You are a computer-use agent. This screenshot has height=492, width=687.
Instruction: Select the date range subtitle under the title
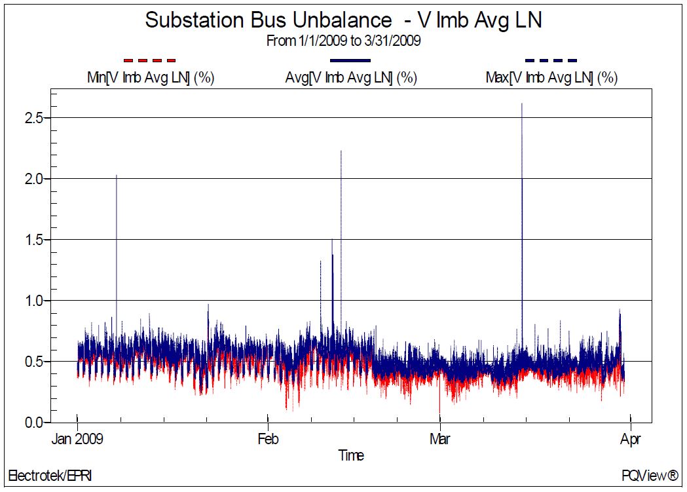pyautogui.click(x=343, y=41)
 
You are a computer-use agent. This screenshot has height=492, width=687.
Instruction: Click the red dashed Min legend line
pyautogui.click(x=150, y=60)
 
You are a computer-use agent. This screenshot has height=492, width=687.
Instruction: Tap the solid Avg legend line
pyautogui.click(x=346, y=60)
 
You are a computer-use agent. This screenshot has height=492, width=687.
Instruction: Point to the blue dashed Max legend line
pyautogui.click(x=551, y=60)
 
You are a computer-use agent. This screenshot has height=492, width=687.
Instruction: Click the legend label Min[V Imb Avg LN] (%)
pyautogui.click(x=151, y=77)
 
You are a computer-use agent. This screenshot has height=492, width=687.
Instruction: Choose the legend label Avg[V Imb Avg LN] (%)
pyautogui.click(x=352, y=77)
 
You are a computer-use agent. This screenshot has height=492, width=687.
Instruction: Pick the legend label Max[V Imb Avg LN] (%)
pyautogui.click(x=551, y=77)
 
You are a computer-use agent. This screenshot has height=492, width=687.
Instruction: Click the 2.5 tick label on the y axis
pyautogui.click(x=33, y=118)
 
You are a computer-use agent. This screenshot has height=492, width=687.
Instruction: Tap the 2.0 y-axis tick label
pyautogui.click(x=33, y=179)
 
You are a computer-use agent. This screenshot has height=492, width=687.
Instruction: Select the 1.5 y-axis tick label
pyautogui.click(x=33, y=240)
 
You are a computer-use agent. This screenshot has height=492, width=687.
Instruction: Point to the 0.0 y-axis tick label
pyautogui.click(x=33, y=423)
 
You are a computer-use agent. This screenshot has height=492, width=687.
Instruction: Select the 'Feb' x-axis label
pyautogui.click(x=267, y=438)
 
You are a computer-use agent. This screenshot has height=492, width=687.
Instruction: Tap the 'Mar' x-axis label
pyautogui.click(x=439, y=438)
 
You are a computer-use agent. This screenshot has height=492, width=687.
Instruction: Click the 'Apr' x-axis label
pyautogui.click(x=630, y=438)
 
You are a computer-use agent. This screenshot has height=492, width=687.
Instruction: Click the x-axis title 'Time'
pyautogui.click(x=351, y=455)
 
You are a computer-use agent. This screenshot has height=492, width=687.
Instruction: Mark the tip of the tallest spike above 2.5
pyautogui.click(x=522, y=104)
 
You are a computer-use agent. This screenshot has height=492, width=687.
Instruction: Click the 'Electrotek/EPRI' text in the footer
pyautogui.click(x=50, y=475)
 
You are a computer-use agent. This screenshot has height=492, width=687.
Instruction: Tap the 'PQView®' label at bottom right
pyautogui.click(x=650, y=475)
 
